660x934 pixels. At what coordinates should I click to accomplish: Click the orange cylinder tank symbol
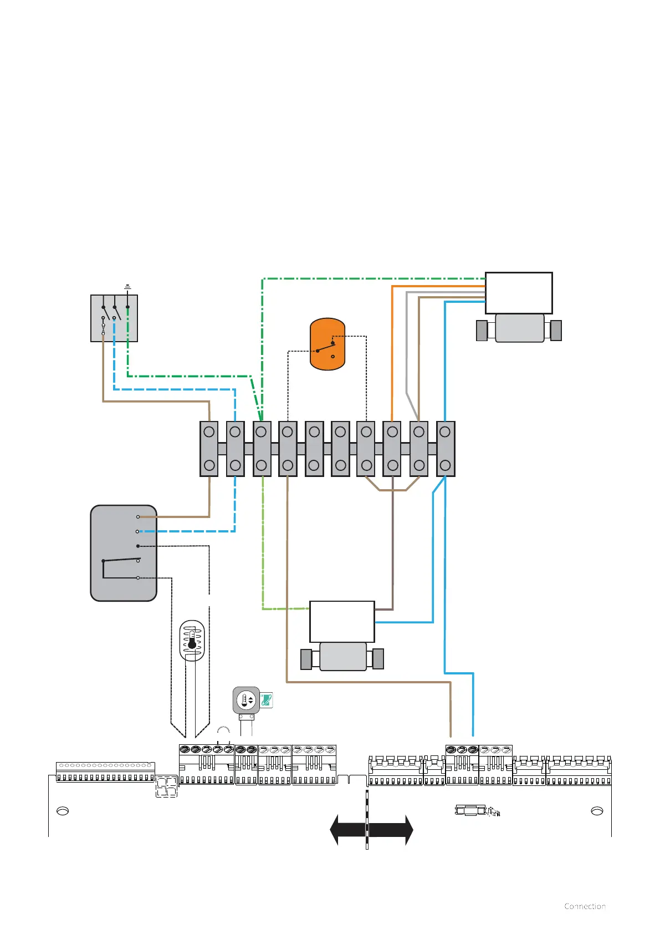coord(328,344)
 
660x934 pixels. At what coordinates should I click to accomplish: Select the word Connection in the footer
coord(585,906)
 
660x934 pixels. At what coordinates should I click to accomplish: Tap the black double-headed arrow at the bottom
coord(371,830)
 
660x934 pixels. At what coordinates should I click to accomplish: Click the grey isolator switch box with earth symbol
coord(114,318)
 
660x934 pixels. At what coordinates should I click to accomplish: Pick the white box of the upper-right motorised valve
coord(519,293)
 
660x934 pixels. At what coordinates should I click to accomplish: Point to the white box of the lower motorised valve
coord(342,622)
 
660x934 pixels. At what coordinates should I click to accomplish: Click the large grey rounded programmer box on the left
coord(124,553)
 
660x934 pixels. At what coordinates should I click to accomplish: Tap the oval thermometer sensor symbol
coord(192,641)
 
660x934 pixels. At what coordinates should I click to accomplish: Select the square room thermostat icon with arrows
coord(246,700)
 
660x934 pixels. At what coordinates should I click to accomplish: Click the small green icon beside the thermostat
coord(267,700)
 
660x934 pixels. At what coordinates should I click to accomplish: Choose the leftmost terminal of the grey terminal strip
coord(209,449)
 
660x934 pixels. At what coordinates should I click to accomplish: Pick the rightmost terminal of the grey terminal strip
coord(446,449)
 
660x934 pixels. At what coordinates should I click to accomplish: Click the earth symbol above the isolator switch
coord(127,287)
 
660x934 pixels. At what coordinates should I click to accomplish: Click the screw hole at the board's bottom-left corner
coord(63,811)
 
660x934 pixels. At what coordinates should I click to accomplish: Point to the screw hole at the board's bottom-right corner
coord(597,811)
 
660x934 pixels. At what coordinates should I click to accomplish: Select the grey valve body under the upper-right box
coord(519,328)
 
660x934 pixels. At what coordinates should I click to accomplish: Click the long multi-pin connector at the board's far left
coord(105,772)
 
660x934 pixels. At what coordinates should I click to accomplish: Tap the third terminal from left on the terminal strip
coord(262,449)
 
